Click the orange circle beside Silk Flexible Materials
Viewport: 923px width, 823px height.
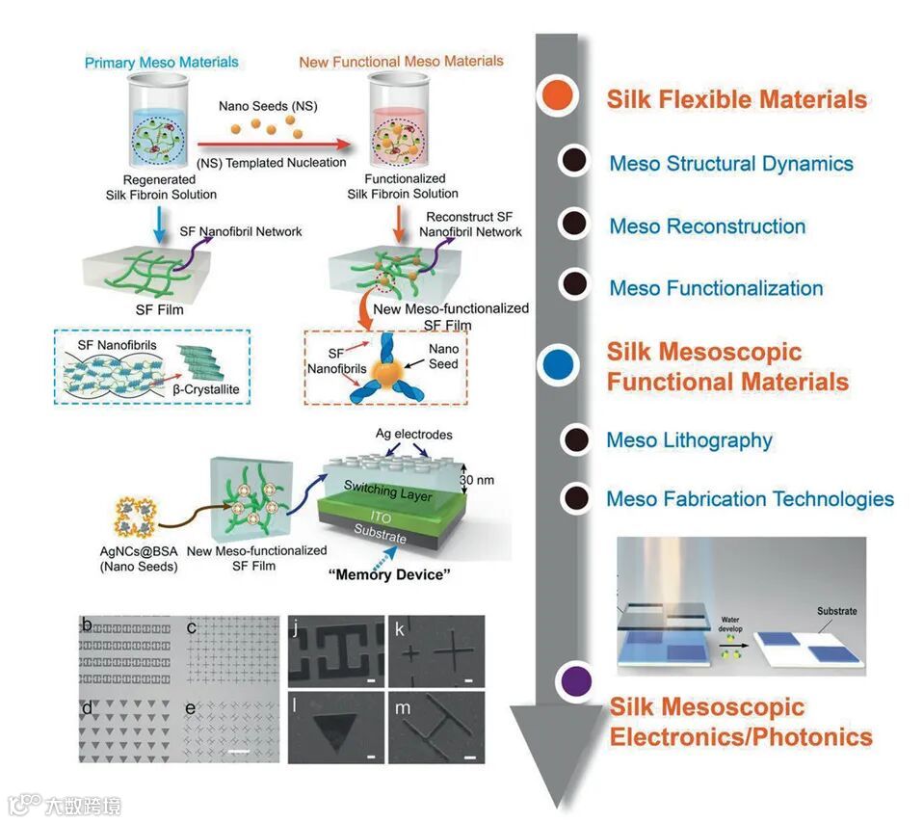click(559, 96)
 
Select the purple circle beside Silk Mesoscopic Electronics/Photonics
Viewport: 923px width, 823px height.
click(575, 680)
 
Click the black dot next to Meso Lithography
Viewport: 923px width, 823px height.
click(576, 440)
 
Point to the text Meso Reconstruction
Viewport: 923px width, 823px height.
click(707, 226)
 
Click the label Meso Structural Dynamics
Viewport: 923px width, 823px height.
click(731, 163)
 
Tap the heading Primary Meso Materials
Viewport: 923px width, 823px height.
click(161, 63)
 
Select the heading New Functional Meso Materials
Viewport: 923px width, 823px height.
click(401, 62)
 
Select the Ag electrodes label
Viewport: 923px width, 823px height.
click(415, 436)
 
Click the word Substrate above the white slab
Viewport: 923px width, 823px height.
click(836, 611)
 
